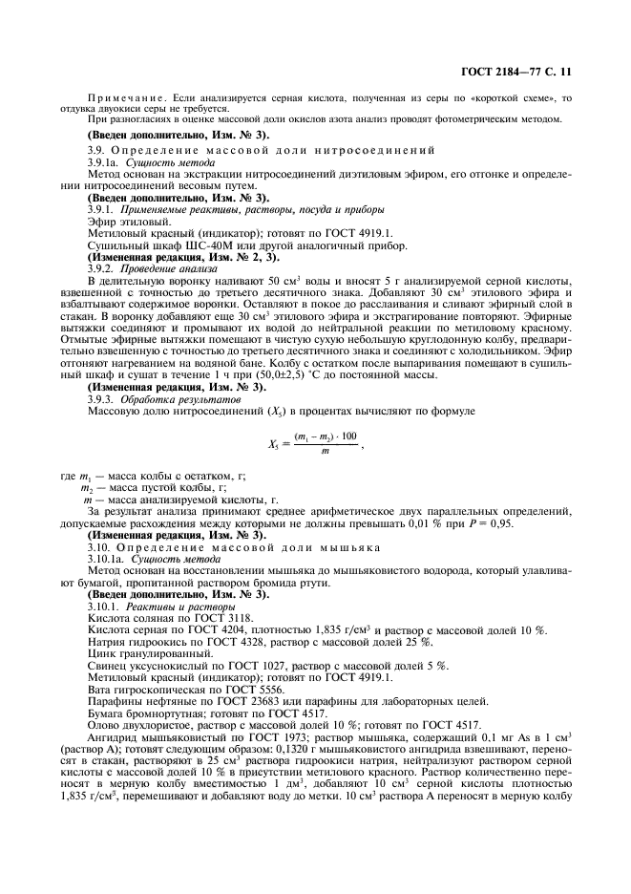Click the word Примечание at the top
tap(121, 98)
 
